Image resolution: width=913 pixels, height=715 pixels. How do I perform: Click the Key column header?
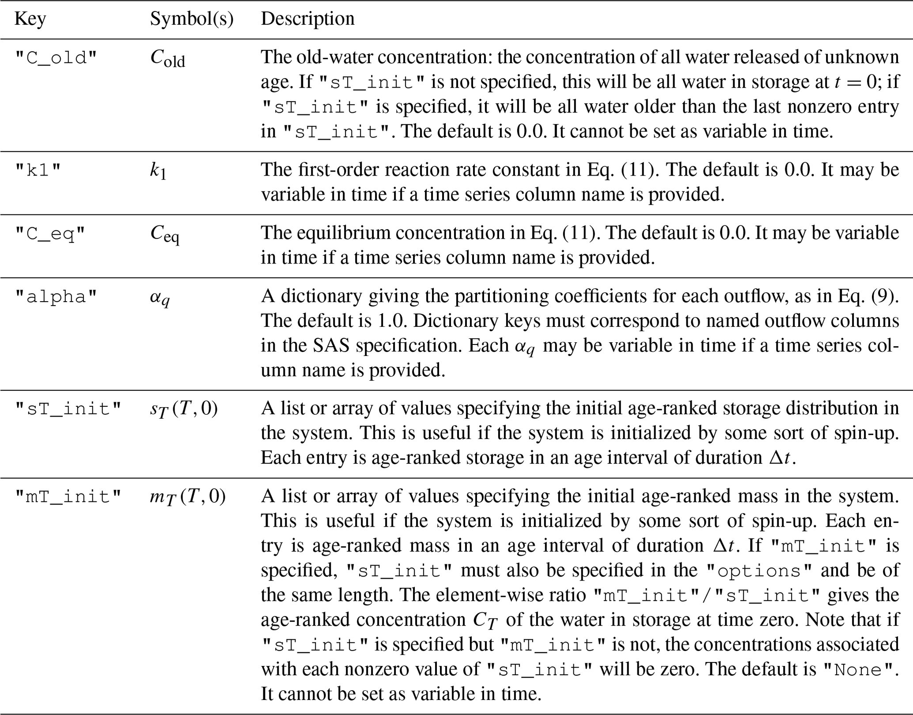[x=30, y=19]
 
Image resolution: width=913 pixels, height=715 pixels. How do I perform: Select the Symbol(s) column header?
[x=191, y=19]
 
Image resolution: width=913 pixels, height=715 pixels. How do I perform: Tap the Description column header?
[x=307, y=19]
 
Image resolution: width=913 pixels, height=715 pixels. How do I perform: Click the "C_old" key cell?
[x=56, y=58]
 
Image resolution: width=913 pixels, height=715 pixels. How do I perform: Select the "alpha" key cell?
[x=56, y=297]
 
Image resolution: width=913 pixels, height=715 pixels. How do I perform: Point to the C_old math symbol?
[x=167, y=58]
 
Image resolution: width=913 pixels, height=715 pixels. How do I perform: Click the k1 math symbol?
[x=158, y=171]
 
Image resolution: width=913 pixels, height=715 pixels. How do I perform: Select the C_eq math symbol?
[x=165, y=234]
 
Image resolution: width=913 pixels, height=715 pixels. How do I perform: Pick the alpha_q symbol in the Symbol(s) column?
[x=159, y=298]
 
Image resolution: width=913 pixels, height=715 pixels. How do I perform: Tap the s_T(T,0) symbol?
[x=184, y=409]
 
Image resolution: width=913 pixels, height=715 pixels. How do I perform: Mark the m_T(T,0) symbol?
[x=188, y=497]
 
